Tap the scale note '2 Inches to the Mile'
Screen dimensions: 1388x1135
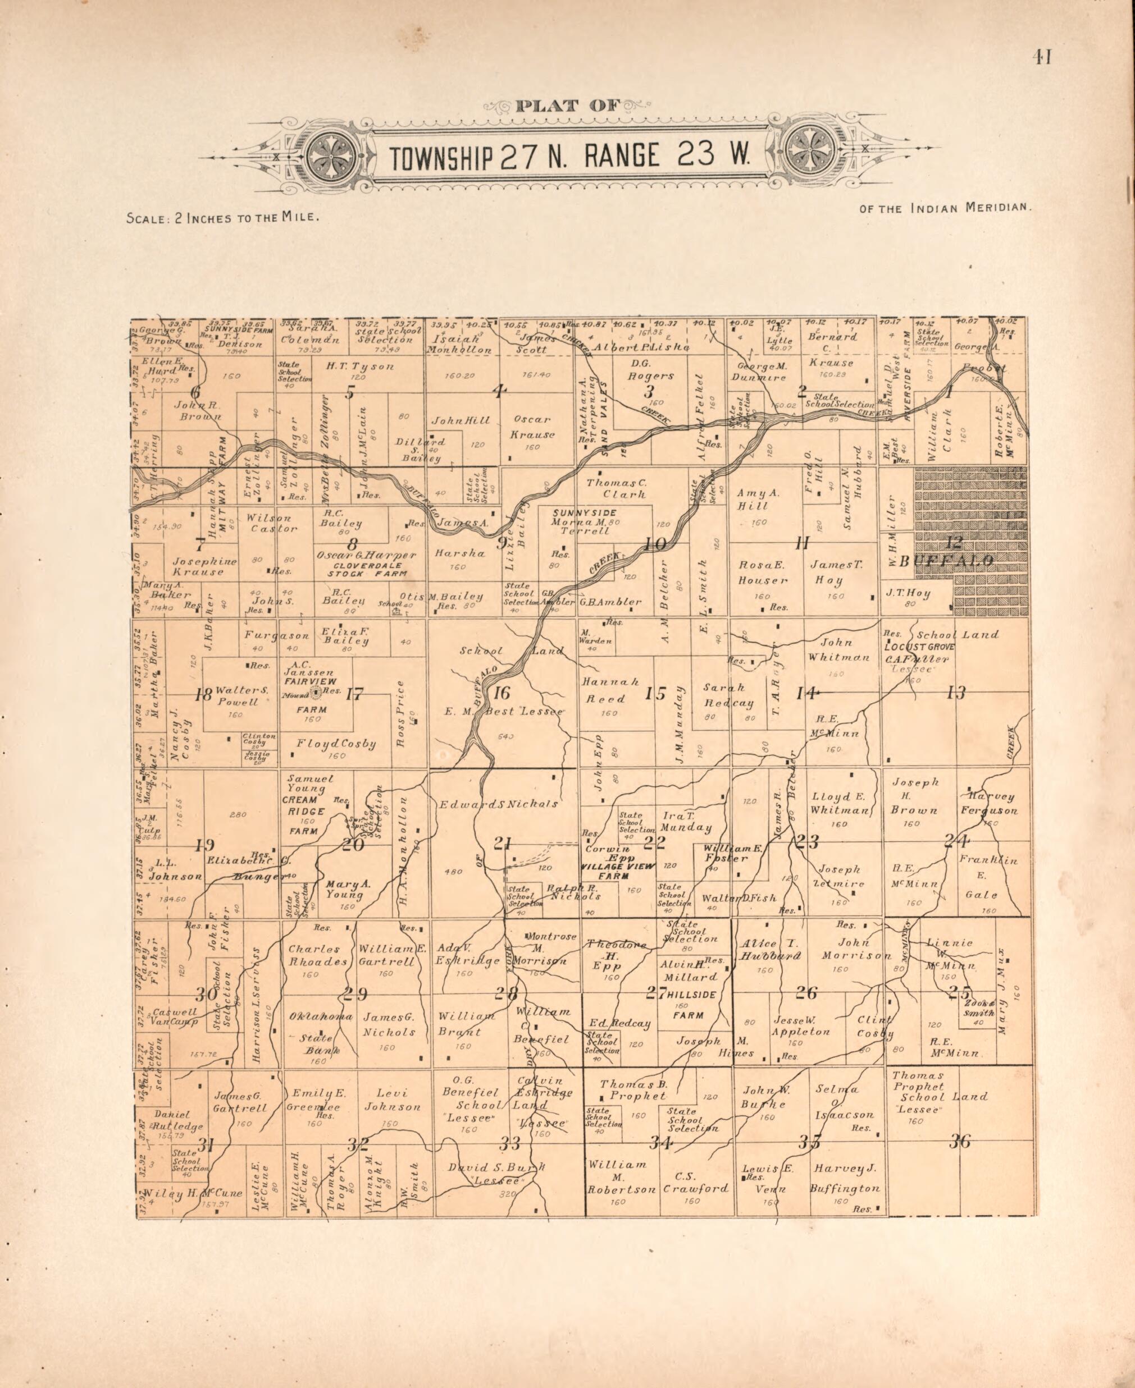click(247, 218)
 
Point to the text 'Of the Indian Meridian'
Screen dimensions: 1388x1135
click(945, 208)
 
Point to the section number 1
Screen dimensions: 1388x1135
click(949, 391)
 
